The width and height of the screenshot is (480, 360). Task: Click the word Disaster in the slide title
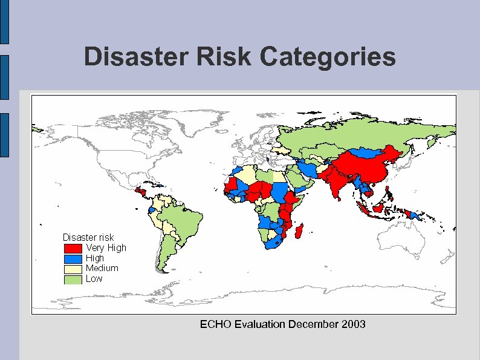(x=128, y=57)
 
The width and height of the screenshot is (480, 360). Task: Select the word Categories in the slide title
(x=329, y=57)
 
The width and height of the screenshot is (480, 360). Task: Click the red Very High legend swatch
(x=73, y=248)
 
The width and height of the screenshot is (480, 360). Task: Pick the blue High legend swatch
(x=73, y=258)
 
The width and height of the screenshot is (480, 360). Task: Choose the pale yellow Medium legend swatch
(x=73, y=269)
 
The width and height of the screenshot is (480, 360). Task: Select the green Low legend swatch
(x=73, y=279)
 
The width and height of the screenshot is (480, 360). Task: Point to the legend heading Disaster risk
(x=88, y=237)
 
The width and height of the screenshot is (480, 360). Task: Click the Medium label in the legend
(x=102, y=268)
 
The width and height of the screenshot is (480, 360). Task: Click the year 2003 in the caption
(x=353, y=324)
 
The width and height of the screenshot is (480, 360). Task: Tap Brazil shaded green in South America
(x=184, y=221)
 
